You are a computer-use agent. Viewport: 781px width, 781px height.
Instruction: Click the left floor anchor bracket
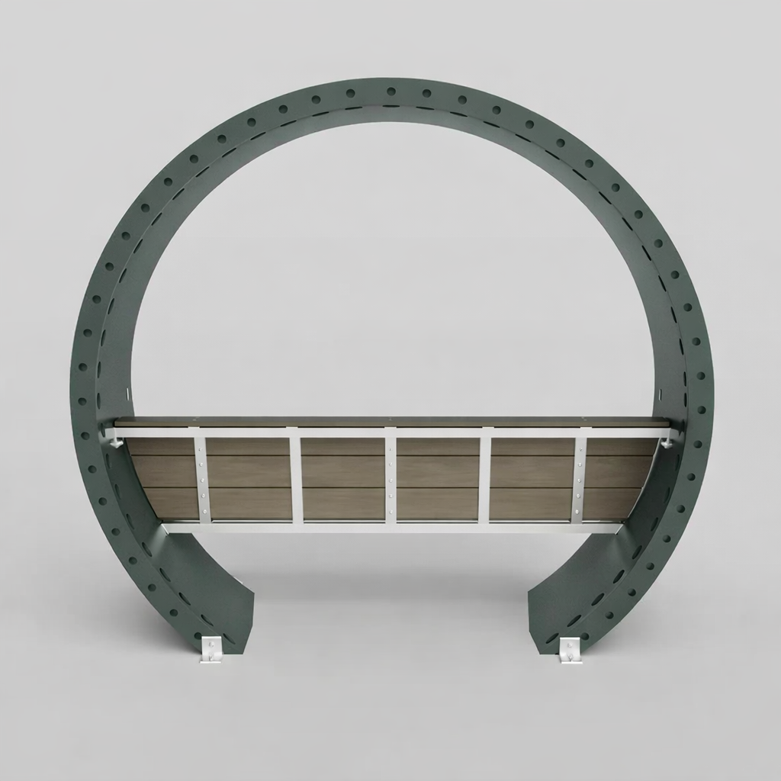211,650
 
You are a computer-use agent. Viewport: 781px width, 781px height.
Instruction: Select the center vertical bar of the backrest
390,477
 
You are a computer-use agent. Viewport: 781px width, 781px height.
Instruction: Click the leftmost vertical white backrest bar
201,477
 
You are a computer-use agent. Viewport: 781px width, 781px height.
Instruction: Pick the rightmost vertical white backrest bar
579,477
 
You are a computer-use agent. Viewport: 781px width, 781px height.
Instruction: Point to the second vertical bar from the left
296,477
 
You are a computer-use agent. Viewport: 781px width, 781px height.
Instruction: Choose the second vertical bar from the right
484,477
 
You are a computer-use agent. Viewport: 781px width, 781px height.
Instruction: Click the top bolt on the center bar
390,447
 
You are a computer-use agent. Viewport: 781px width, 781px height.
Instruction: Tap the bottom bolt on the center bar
390,509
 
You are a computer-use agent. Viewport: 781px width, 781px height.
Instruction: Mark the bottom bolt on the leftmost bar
201,509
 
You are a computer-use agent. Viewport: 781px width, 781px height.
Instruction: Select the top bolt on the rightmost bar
579,447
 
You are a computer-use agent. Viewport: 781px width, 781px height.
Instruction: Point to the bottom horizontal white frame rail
390,527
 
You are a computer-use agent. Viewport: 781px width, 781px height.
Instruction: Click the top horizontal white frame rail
390,432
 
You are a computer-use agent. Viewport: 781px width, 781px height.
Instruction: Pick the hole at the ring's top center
390,92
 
